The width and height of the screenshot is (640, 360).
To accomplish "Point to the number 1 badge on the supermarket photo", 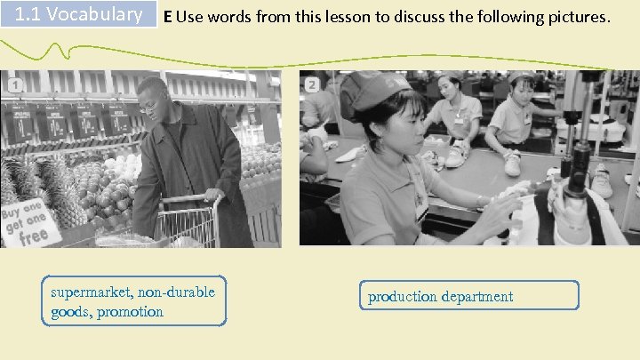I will coord(14,84).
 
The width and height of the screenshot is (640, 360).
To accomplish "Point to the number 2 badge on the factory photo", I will coord(312,84).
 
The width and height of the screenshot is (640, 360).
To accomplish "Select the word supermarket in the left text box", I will coord(88,292).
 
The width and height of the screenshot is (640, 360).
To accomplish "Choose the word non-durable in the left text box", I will coord(177,292).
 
